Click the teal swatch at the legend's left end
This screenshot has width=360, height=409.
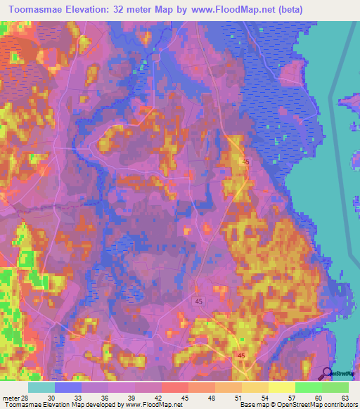click(41, 387)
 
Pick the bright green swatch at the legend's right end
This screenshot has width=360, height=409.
click(335, 387)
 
